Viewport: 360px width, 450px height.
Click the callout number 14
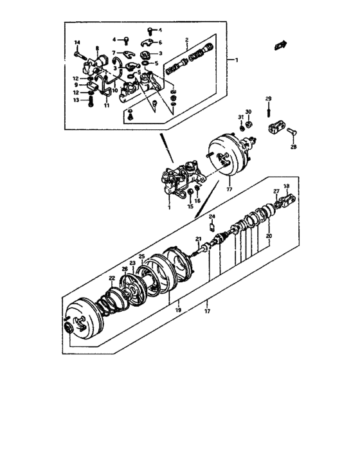tap(76, 42)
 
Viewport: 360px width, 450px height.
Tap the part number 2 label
tap(186, 40)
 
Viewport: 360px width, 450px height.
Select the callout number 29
tap(269, 98)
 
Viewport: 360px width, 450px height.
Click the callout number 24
tap(212, 216)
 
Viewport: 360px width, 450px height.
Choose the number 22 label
tap(111, 278)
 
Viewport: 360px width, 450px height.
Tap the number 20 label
tap(268, 237)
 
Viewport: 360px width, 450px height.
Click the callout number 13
tap(75, 100)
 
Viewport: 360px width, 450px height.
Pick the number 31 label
tap(240, 116)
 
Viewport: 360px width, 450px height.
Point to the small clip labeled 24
tap(213, 225)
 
